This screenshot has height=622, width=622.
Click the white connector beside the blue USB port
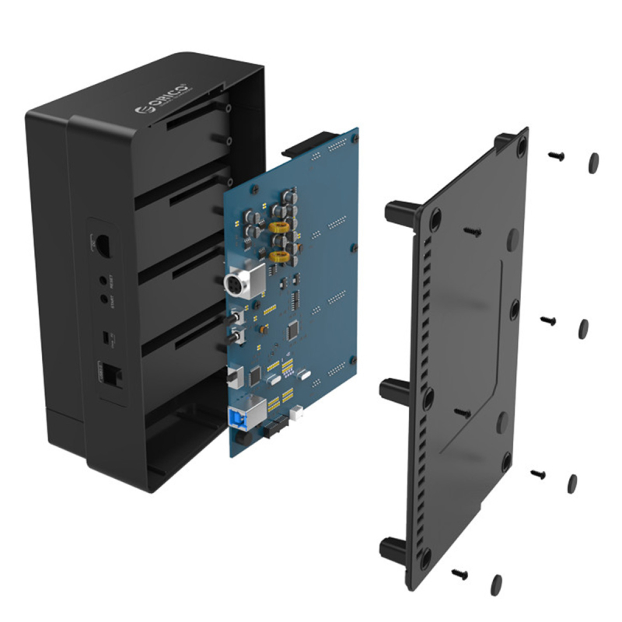click(x=295, y=417)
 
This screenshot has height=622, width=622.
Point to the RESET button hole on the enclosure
click(x=103, y=278)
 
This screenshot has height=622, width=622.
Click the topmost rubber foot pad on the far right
click(x=593, y=162)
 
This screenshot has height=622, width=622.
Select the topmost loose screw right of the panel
click(x=557, y=155)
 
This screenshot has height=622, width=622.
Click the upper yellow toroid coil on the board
click(x=280, y=228)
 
